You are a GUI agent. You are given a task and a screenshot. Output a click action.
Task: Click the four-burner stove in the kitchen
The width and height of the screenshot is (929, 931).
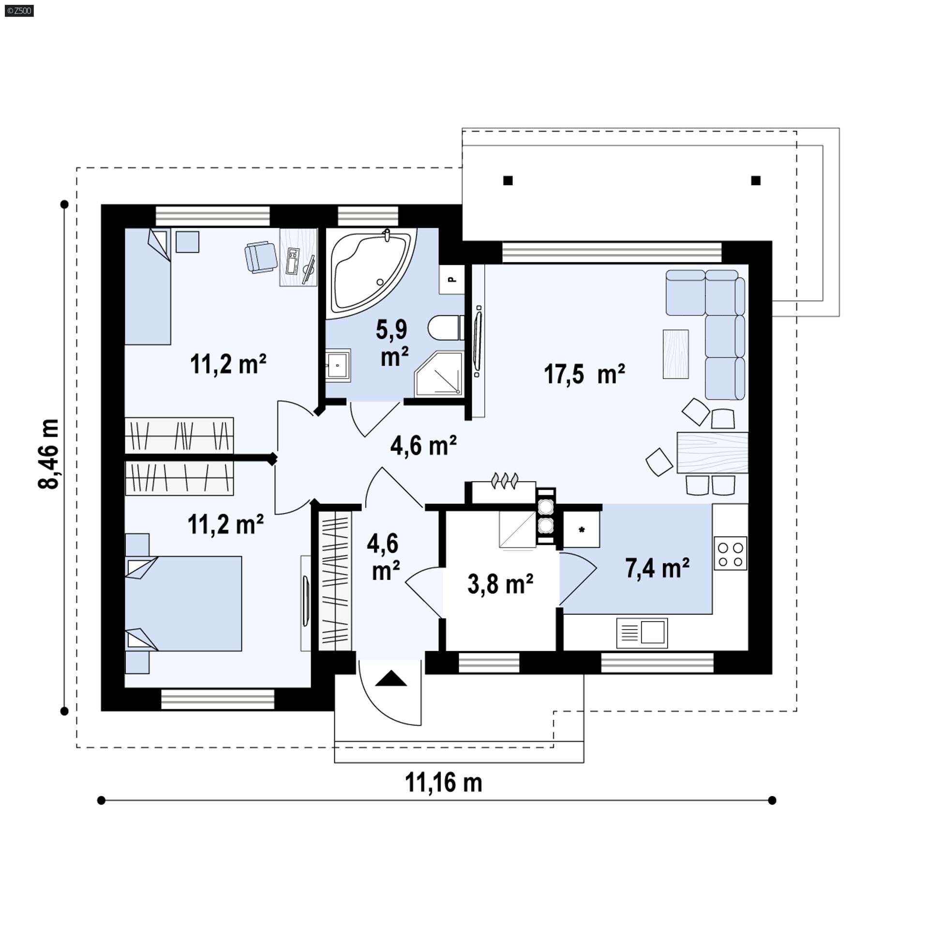[x=730, y=554]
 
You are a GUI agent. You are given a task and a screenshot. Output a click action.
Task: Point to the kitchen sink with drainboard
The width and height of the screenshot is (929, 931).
[x=642, y=633]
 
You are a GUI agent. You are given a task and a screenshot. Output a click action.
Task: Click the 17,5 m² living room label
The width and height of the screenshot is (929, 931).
[x=584, y=374]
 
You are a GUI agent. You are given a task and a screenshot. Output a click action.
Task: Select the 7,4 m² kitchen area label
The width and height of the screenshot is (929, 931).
[x=657, y=568]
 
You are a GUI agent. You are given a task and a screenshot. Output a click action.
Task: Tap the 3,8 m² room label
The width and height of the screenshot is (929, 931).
[x=500, y=584]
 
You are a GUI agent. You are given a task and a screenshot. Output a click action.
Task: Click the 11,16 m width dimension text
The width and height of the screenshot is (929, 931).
[x=443, y=783]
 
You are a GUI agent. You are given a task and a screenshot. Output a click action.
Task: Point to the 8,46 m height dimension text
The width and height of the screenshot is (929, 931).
[x=49, y=454]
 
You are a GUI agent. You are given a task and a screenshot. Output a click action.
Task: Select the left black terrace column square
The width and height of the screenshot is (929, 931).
[x=508, y=180]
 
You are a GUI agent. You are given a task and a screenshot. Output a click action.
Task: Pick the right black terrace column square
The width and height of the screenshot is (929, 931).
[x=756, y=180]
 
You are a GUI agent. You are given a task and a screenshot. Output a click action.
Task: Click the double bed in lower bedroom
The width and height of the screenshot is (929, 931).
[x=184, y=603]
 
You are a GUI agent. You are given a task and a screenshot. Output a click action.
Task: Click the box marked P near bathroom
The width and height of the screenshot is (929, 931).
[x=451, y=279]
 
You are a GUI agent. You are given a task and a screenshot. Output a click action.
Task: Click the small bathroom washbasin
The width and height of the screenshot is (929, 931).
[x=337, y=365]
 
